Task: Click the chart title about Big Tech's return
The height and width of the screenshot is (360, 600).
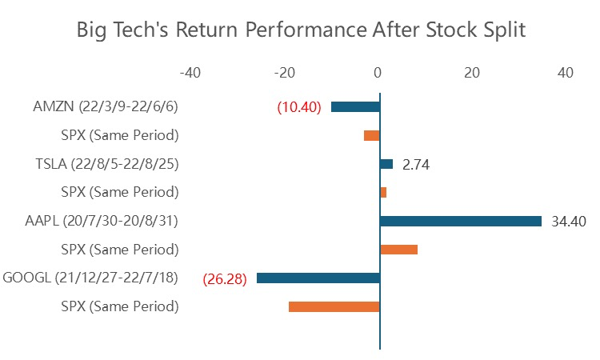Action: pos(301,30)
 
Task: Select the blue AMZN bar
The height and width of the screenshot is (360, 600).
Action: pos(355,106)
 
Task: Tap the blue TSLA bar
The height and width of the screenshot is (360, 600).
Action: pos(386,164)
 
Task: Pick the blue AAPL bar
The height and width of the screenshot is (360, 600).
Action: pos(461,221)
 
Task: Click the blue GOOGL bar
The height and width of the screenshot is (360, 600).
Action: pos(318,278)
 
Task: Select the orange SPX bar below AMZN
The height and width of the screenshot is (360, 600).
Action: pos(371,135)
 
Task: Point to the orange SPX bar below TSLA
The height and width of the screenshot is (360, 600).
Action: pos(383,193)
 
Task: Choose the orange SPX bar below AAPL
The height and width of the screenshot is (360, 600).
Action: pos(398,250)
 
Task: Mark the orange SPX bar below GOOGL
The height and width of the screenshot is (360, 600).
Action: pos(334,306)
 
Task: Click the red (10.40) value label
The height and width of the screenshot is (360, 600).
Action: pos(299,107)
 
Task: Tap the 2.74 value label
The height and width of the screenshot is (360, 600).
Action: pos(416,165)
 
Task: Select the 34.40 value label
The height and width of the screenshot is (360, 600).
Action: pos(569,221)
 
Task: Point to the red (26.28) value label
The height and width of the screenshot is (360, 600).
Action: pos(225,279)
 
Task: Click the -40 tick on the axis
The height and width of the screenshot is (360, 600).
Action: pos(190,73)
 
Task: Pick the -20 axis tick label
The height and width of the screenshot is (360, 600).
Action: pos(285,73)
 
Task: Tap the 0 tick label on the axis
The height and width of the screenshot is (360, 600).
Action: pos(378,73)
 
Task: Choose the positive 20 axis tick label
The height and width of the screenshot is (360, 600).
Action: pos(472,73)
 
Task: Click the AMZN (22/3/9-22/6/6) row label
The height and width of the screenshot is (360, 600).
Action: pos(106,106)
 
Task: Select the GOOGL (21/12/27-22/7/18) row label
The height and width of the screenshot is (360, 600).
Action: pos(90,278)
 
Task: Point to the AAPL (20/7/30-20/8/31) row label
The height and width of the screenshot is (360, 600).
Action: pos(102,221)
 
